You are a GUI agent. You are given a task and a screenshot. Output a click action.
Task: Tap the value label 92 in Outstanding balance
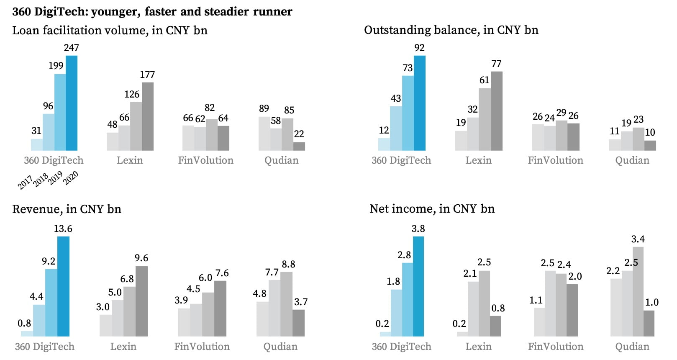pos(419,48)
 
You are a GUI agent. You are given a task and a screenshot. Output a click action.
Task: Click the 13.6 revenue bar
pos(63,286)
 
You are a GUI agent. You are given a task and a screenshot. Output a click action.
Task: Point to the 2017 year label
pos(25,183)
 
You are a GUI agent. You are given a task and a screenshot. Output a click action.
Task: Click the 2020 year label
pos(70,178)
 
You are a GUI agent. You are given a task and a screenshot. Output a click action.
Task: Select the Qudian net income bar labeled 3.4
pos(638,291)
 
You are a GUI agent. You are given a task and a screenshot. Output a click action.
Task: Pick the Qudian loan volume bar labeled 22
pos(299,146)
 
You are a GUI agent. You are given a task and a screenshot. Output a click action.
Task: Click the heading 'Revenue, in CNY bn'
pos(67,209)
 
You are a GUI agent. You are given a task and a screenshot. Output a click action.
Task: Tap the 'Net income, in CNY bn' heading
pos(432,208)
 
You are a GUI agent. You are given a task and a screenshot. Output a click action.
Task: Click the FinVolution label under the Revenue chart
pos(202,347)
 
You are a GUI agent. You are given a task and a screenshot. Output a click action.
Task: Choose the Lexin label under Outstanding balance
pos(478,160)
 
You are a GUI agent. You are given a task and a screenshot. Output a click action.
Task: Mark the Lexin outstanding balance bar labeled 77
pos(496,111)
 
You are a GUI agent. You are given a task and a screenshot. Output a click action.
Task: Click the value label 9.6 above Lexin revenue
pos(141,258)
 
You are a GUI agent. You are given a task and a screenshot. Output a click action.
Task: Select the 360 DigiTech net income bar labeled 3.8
pos(418,286)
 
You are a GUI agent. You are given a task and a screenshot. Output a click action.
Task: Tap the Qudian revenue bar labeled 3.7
pos(298,323)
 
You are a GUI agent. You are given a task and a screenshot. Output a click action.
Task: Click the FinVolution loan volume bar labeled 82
pos(211,135)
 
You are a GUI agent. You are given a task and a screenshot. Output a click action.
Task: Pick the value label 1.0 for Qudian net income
pos(651,302)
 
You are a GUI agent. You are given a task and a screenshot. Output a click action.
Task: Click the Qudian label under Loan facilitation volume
pos(281,160)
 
